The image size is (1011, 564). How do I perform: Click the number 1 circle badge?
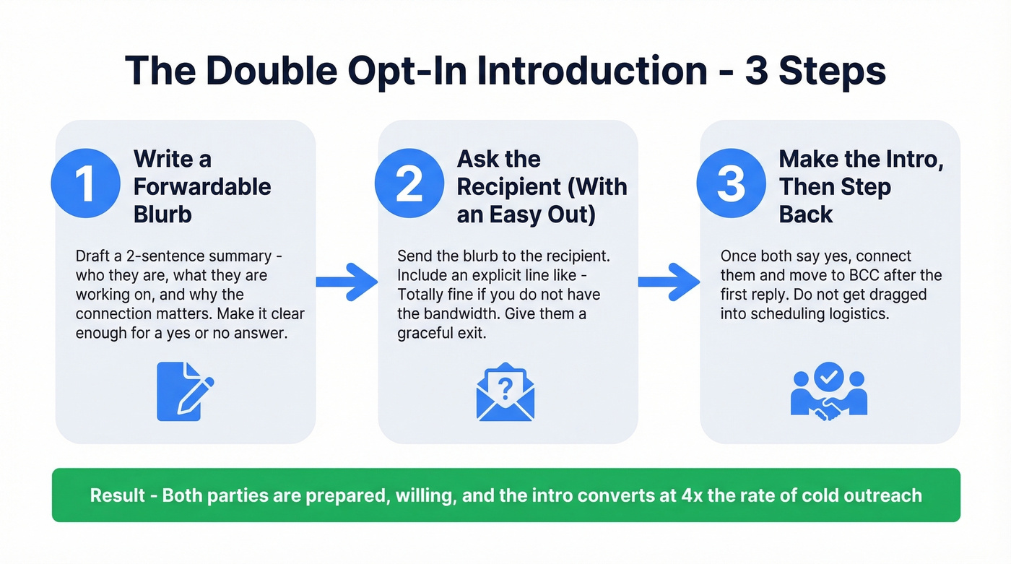point(84,183)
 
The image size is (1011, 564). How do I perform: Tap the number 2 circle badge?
point(409,183)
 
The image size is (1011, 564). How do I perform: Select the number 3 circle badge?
point(731,183)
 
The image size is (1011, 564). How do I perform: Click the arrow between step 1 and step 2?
point(347,281)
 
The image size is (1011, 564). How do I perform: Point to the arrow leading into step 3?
point(669,281)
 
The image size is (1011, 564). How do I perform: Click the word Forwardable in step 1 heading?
point(202,187)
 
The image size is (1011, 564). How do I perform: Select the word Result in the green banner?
point(115,495)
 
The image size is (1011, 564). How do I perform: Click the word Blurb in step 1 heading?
point(162,214)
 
